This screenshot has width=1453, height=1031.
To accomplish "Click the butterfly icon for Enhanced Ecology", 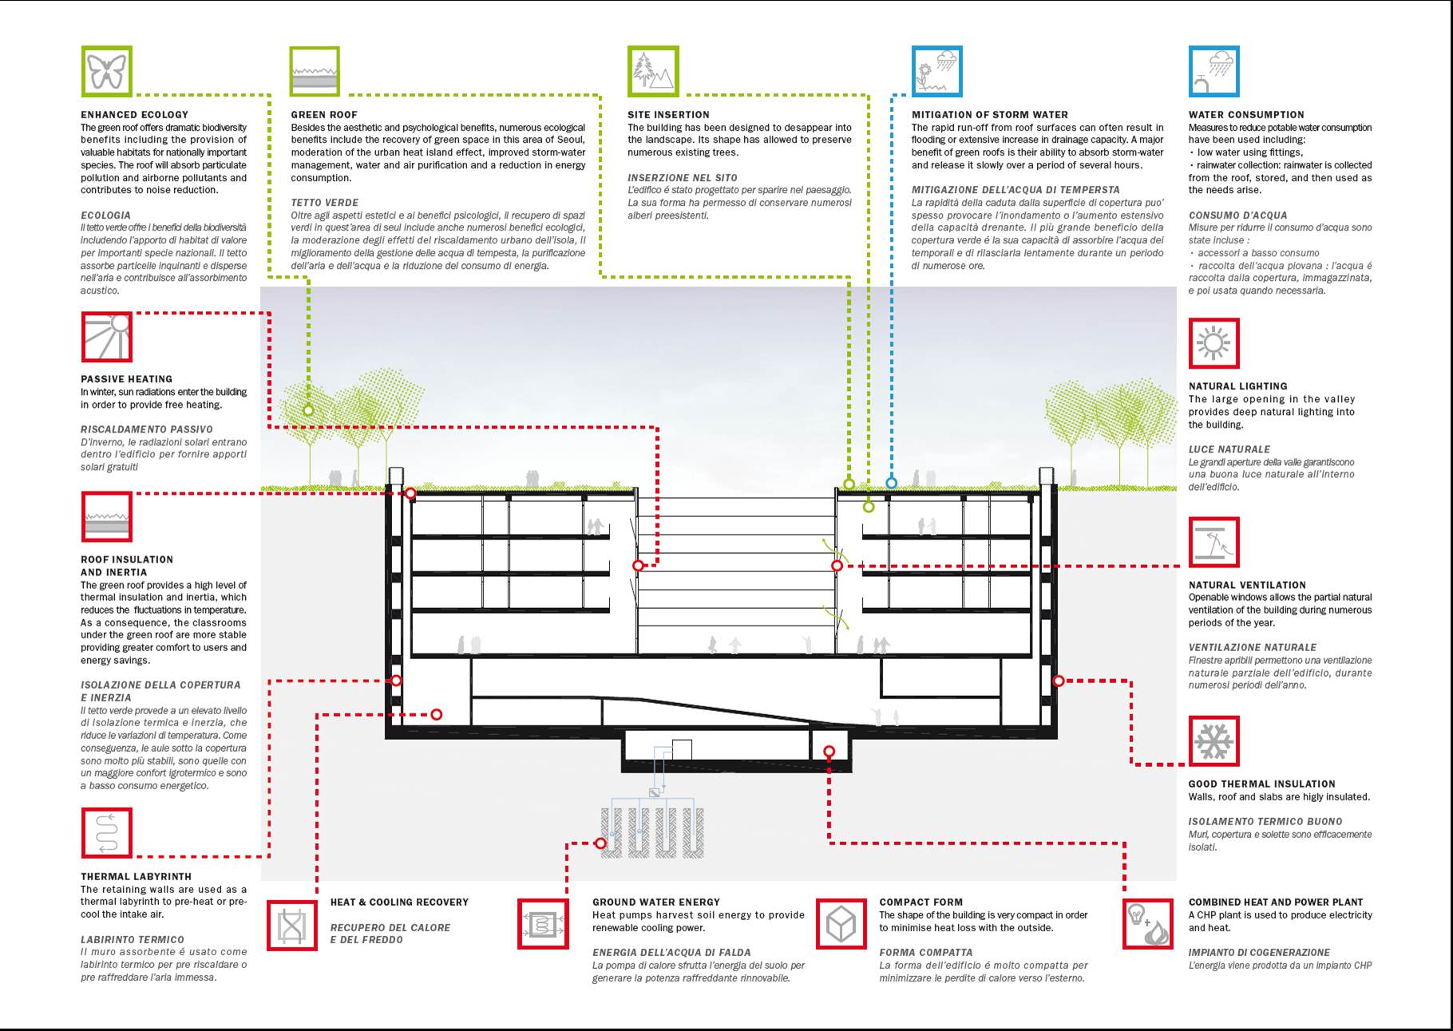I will [106, 71].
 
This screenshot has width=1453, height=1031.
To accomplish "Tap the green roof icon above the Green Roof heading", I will [315, 71].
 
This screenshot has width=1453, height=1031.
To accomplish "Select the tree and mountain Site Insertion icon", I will [653, 71].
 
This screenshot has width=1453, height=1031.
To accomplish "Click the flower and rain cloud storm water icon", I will [936, 71].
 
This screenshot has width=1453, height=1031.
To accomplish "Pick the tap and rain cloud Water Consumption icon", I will [1213, 71].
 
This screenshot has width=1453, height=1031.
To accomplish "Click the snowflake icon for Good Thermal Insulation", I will [1213, 741].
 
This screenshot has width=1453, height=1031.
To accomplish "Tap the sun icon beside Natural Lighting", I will [1213, 343].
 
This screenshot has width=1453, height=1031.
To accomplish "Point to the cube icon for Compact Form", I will [841, 924].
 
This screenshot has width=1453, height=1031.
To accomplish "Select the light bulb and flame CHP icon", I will [1148, 924].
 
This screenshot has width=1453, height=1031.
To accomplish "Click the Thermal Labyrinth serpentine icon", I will [106, 832].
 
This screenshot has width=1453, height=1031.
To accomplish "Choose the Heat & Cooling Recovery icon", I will [291, 925].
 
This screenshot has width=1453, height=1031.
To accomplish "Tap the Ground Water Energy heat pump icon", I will [543, 924].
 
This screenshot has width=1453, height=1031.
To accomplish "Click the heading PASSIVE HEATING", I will [126, 379].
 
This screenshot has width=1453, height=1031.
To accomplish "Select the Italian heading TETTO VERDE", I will [324, 203].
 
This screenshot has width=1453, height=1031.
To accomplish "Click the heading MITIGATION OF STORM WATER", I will [989, 115].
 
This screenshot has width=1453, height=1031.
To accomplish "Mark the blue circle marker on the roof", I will [892, 483].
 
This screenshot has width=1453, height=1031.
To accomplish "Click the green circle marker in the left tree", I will [308, 410].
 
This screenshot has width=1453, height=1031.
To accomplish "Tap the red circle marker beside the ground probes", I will [600, 843].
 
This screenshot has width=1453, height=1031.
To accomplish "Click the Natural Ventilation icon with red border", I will [1213, 542].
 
